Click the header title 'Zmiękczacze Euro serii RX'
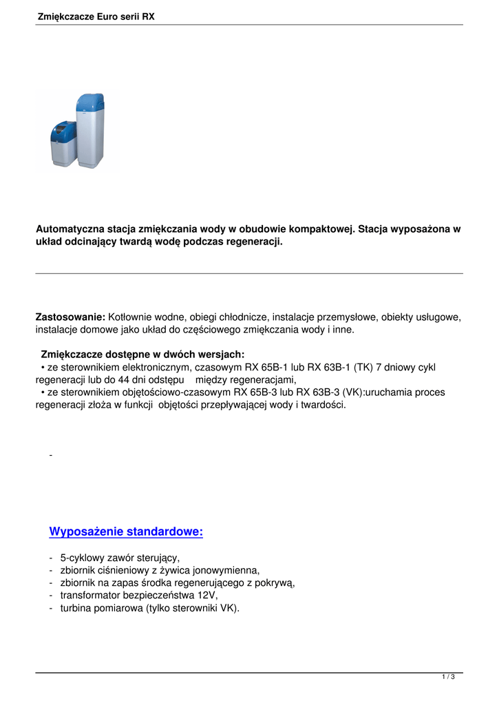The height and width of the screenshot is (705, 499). pyautogui.click(x=96, y=16)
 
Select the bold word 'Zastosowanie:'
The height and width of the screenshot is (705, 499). pyautogui.click(x=70, y=317)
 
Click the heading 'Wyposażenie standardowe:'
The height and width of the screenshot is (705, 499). pyautogui.click(x=126, y=532)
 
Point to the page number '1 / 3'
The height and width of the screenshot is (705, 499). pyautogui.click(x=448, y=677)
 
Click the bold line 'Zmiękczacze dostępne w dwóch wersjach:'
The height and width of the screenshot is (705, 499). pyautogui.click(x=142, y=355)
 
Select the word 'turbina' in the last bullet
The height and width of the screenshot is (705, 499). pyautogui.click(x=77, y=608)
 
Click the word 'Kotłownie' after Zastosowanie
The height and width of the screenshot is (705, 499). pyautogui.click(x=131, y=317)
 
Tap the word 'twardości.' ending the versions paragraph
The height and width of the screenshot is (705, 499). pyautogui.click(x=323, y=405)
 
